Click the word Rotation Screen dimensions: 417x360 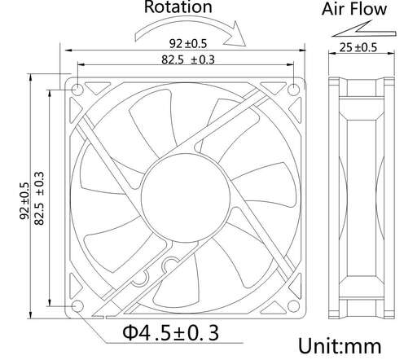[x=178, y=7]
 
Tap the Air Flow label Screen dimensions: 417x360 [x=354, y=9]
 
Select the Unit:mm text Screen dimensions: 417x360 [x=340, y=346]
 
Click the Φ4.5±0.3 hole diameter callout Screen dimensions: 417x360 [x=171, y=333]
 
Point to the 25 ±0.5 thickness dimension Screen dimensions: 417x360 [x=358, y=47]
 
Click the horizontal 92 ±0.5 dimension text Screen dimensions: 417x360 [x=188, y=43]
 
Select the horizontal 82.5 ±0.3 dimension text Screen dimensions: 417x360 [x=188, y=59]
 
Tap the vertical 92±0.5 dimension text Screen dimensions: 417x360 [x=24, y=200]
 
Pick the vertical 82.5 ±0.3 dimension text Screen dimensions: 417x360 [x=39, y=198]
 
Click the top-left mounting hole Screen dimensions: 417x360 [x=77, y=90]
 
